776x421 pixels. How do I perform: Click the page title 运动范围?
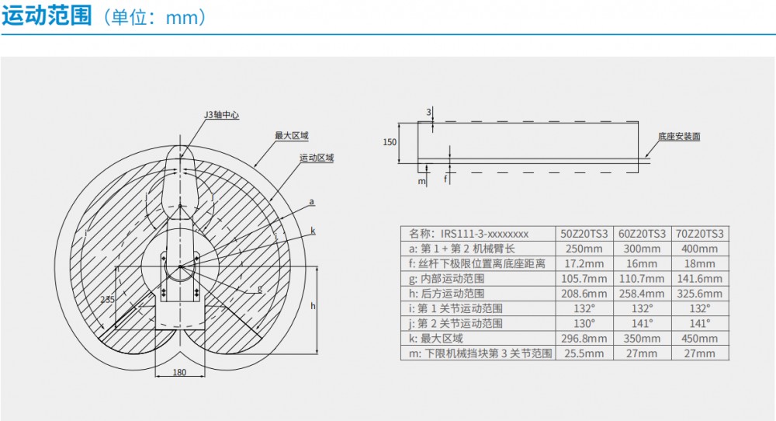(x=47, y=16)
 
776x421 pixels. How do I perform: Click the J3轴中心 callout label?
(x=221, y=115)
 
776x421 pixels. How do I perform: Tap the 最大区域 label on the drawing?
(x=292, y=136)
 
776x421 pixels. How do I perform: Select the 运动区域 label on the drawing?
(x=317, y=158)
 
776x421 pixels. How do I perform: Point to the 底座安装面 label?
(x=679, y=136)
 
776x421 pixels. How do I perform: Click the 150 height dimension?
(x=390, y=142)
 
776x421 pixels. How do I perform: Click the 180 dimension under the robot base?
(x=179, y=373)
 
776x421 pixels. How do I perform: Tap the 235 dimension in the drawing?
(x=107, y=298)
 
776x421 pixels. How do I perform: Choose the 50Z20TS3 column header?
(x=584, y=233)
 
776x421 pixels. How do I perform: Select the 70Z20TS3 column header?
(x=700, y=233)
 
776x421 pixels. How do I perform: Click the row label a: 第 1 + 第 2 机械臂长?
(x=462, y=249)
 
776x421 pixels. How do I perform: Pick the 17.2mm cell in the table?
(x=584, y=264)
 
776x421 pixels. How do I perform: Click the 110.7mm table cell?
(x=643, y=279)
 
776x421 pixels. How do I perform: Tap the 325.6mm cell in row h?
(x=700, y=294)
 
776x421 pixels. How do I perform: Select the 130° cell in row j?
(x=584, y=323)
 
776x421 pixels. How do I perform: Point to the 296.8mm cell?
(x=584, y=339)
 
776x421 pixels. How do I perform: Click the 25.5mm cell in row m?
(x=584, y=353)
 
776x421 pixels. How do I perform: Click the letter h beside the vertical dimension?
(x=313, y=306)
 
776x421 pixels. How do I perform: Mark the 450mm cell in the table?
(x=700, y=339)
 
